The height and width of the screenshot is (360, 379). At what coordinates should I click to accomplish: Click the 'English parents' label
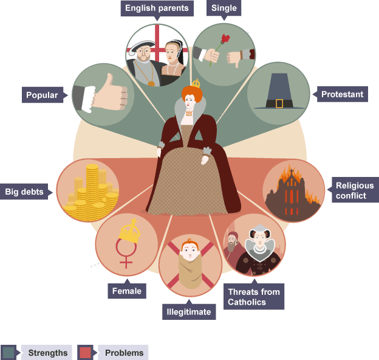tap(157, 9)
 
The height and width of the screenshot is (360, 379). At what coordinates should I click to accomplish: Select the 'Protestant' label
tap(342, 94)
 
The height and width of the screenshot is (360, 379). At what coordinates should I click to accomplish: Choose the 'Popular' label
tap(42, 95)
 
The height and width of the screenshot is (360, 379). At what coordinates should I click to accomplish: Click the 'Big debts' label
tap(25, 192)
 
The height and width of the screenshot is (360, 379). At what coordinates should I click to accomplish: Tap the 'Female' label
tap(126, 291)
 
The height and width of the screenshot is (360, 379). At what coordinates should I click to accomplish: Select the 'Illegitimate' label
tap(189, 313)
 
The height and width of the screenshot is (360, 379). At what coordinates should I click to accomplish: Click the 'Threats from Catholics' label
tap(254, 297)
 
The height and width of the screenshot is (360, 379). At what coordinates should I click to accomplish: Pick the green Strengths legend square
tap(9, 353)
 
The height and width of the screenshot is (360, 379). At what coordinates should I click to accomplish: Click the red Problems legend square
tap(85, 353)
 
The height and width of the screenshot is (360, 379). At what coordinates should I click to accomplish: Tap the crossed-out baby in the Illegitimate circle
tap(189, 266)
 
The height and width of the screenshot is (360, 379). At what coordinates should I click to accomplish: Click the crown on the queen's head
tap(196, 83)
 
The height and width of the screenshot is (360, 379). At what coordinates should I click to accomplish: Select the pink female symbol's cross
tap(126, 261)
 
